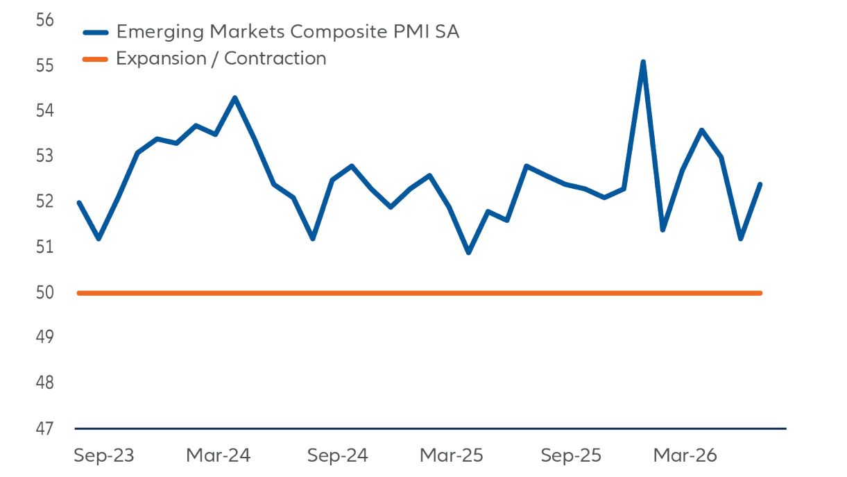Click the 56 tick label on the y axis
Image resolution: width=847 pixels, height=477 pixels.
pos(44,20)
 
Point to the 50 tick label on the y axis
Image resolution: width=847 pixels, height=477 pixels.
pos(44,292)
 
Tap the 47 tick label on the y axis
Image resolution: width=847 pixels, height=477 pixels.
pos(44,429)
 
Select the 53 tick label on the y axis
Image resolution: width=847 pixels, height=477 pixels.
pos(44,156)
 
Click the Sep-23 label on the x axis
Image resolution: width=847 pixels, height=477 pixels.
pos(104,455)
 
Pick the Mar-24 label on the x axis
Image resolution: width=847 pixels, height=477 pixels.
pos(219,455)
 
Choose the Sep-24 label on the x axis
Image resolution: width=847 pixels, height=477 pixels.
pos(337,455)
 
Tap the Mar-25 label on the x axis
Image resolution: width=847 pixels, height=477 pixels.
pos(451,455)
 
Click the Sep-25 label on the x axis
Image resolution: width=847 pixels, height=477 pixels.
pos(571,455)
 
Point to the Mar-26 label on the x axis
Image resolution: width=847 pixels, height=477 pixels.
pos(685,455)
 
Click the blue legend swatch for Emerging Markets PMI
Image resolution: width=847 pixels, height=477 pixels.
pos(96,33)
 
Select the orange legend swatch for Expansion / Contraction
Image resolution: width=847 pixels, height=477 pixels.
pos(95,60)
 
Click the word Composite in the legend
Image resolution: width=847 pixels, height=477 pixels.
pos(339,32)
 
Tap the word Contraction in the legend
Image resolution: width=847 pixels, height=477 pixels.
pos(275,59)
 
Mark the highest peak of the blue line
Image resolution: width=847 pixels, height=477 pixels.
pos(643,62)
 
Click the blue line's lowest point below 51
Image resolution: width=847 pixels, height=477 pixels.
pos(468,253)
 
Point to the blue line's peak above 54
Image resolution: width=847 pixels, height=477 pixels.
pos(235,98)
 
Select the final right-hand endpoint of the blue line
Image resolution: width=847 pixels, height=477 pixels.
pos(760,185)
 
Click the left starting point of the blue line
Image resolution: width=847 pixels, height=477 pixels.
pos(79,203)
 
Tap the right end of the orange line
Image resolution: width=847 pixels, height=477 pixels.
pos(760,293)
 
